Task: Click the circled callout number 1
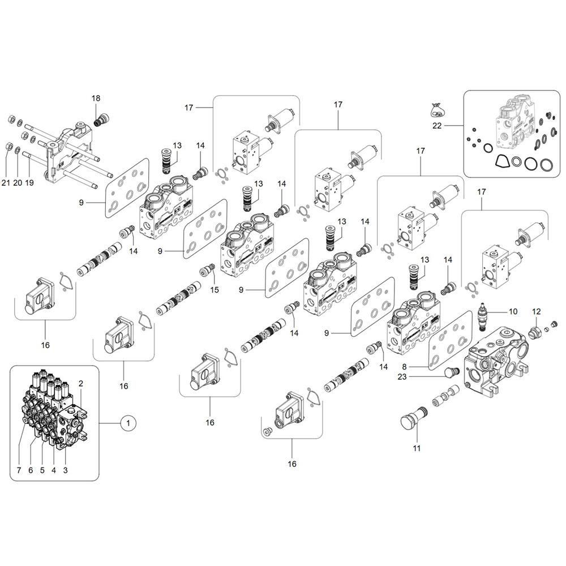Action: [128, 422]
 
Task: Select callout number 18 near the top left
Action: [96, 98]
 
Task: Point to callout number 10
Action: [513, 311]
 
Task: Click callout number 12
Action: [537, 311]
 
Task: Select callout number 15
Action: [215, 290]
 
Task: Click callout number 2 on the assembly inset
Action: [81, 383]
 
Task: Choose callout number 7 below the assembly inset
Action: [18, 470]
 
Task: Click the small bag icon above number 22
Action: [436, 108]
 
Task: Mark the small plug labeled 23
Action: [452, 371]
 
